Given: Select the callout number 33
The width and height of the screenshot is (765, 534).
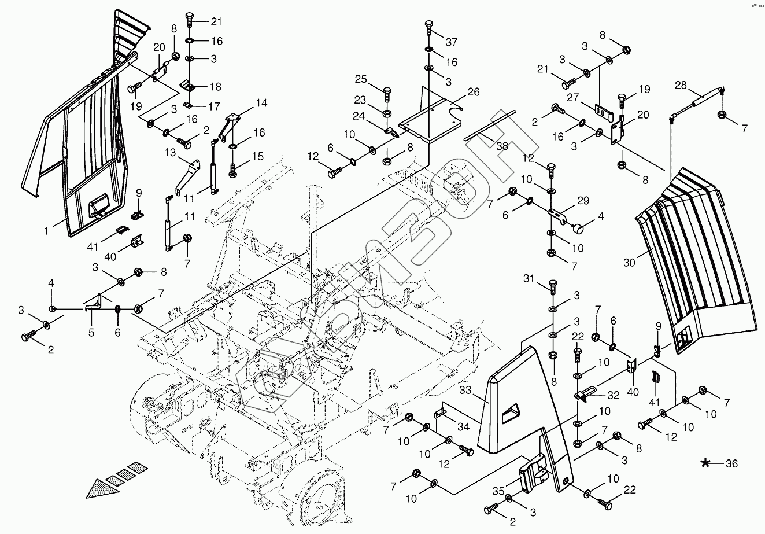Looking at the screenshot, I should pyautogui.click(x=482, y=392).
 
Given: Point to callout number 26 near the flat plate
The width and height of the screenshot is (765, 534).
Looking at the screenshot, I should pyautogui.click(x=474, y=92).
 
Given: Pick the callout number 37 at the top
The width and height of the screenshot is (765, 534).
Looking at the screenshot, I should pyautogui.click(x=451, y=42).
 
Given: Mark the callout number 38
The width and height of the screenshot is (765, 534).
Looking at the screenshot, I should pyautogui.click(x=501, y=146).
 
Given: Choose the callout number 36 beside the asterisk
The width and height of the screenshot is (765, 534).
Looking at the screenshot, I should pyautogui.click(x=731, y=463).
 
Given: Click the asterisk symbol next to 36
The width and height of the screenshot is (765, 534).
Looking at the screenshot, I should pyautogui.click(x=706, y=463).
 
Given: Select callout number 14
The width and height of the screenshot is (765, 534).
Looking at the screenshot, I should pyautogui.click(x=261, y=104).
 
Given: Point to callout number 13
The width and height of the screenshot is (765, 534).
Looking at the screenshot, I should pyautogui.click(x=170, y=152).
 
